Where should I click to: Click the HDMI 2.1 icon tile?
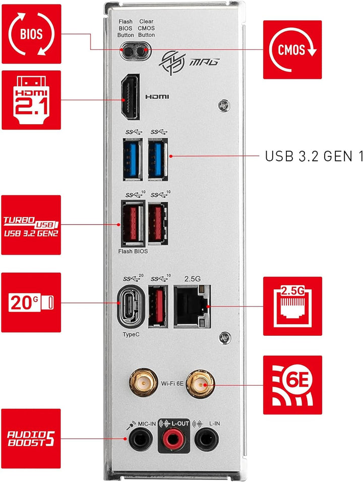[31, 100]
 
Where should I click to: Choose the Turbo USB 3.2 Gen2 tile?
[31, 225]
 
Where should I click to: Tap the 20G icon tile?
[31, 303]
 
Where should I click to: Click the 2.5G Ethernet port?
[192, 306]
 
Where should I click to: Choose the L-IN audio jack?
[206, 440]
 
